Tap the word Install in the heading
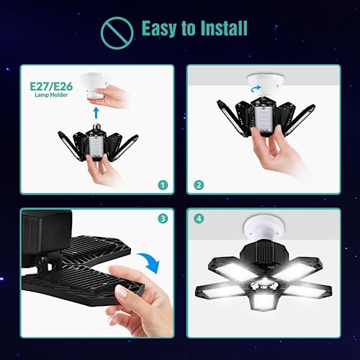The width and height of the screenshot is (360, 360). point(221,30)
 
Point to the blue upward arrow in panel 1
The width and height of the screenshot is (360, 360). point(96,112)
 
